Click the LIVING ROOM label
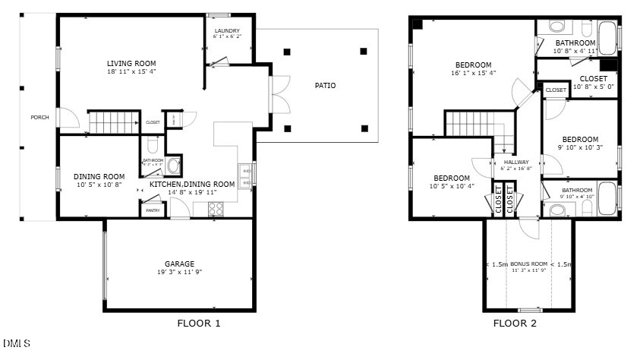click(x=131, y=63)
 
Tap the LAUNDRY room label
click(x=226, y=30)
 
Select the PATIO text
click(x=325, y=86)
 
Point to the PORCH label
click(x=39, y=117)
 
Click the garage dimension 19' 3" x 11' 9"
click(x=179, y=272)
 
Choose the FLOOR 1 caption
click(x=199, y=324)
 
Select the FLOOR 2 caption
click(x=515, y=324)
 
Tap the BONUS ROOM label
click(x=528, y=264)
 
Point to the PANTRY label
click(x=153, y=210)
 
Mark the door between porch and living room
click(x=67, y=118)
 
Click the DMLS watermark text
click(x=17, y=343)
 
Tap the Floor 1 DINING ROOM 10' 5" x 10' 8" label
click(x=99, y=185)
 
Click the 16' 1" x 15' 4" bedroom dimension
click(x=473, y=74)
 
